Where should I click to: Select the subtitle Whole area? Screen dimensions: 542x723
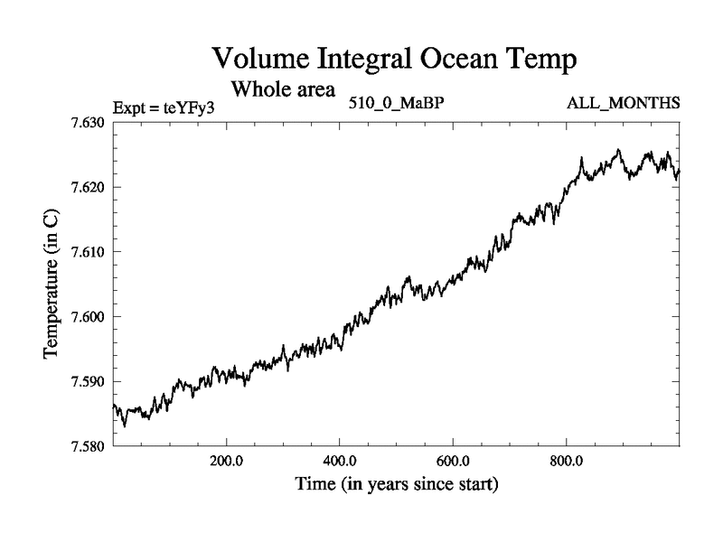[x=284, y=89]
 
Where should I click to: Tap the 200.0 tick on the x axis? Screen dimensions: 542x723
[x=226, y=460]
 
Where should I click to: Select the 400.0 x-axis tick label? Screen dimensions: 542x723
[x=339, y=460]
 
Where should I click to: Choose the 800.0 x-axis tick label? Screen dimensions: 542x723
[x=566, y=460]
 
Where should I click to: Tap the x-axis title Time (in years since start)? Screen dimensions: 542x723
[x=396, y=485]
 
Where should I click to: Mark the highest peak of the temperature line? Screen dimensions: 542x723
[x=618, y=150]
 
